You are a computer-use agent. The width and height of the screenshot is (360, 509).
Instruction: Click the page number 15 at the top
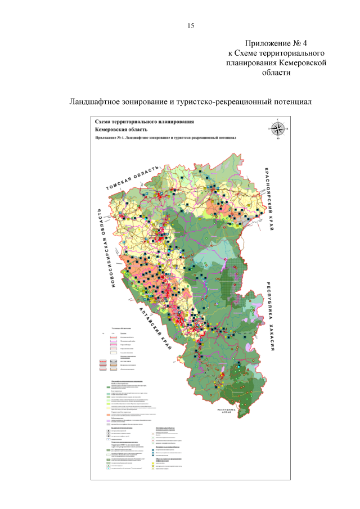point(190,26)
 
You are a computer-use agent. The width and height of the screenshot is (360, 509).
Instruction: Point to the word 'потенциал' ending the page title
point(292,102)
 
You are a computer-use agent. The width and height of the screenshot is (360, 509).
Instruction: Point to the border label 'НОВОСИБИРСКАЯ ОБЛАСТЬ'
point(106,248)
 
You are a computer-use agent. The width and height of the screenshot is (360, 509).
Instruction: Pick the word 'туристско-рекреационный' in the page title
point(218,102)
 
